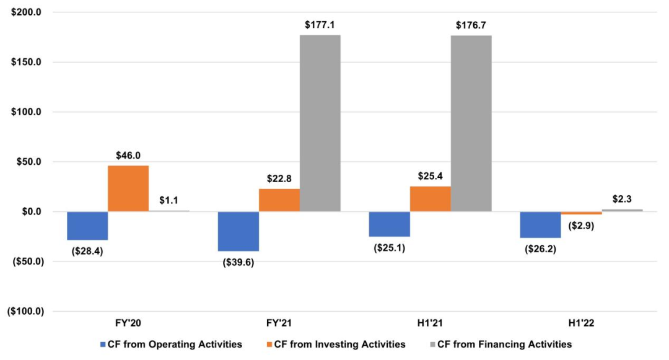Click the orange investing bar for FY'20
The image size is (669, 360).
(x=128, y=188)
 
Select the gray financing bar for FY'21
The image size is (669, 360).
(x=320, y=123)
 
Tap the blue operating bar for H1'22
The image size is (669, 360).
(x=540, y=225)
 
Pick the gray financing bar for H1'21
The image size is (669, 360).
(x=471, y=124)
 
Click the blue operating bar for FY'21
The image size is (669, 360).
(x=238, y=231)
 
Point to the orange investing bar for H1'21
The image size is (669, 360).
(x=430, y=199)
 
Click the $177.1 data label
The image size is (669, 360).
(x=320, y=25)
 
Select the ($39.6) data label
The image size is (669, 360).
(x=238, y=262)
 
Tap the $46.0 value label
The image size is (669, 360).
(x=128, y=156)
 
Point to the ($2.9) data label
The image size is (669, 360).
(x=581, y=226)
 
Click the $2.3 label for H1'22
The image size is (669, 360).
(x=622, y=199)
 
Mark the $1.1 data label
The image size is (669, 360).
(x=169, y=200)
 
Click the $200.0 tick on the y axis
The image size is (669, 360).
(x=27, y=12)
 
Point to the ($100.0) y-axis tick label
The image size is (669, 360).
(x=25, y=312)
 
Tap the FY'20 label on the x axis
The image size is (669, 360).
(x=128, y=323)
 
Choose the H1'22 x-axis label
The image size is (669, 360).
(x=581, y=323)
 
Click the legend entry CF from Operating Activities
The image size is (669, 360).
(x=171, y=345)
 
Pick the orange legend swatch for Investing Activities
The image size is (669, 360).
(x=269, y=345)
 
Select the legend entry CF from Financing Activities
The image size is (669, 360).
(x=501, y=345)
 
